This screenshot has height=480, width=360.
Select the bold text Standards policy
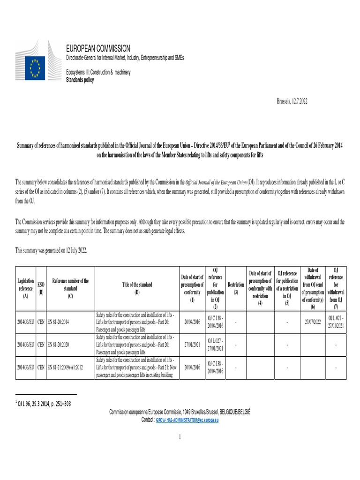80,80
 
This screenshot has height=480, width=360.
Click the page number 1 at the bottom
180,437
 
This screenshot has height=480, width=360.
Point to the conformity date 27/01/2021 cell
192,345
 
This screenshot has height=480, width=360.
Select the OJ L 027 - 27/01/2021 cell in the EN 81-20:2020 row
215,345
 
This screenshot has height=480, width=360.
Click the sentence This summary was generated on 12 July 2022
51,251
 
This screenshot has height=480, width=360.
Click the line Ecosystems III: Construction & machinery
98,73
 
